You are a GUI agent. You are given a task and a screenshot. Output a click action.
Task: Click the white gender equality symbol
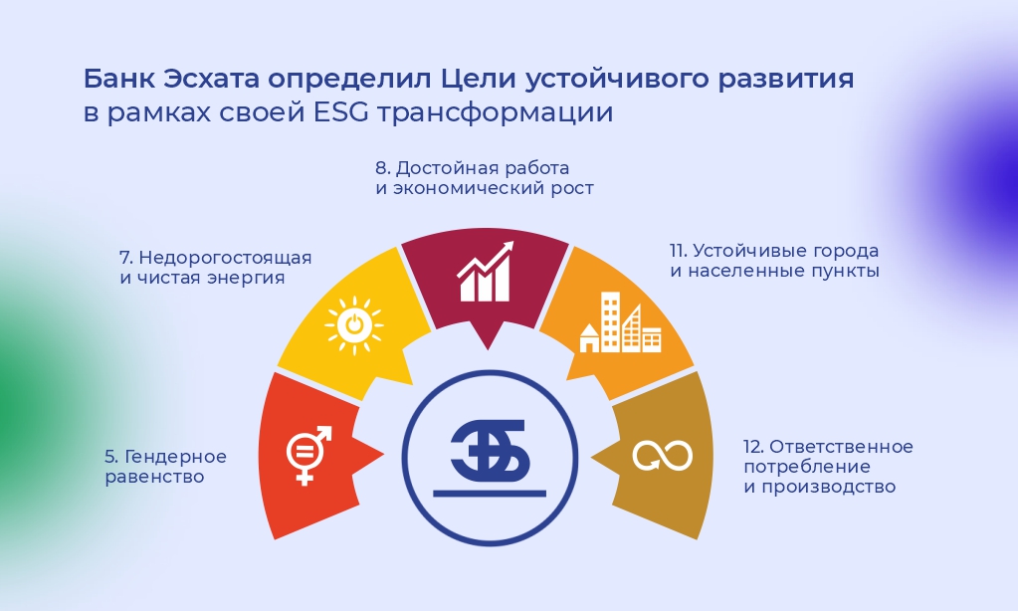click(307, 455)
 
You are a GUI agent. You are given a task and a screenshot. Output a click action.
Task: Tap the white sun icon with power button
click(354, 325)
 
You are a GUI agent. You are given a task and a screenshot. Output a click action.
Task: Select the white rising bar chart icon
click(485, 272)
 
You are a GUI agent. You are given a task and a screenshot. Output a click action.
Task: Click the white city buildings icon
click(620, 322)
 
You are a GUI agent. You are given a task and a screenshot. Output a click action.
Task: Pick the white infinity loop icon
click(662, 455)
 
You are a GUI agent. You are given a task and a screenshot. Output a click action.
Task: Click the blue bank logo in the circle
click(490, 449)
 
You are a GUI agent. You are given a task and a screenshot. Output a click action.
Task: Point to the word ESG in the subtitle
click(341, 112)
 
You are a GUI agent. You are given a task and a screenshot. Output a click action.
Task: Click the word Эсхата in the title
click(211, 79)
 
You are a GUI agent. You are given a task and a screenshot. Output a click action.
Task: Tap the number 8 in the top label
click(382, 168)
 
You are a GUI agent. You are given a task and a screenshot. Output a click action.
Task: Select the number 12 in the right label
click(753, 447)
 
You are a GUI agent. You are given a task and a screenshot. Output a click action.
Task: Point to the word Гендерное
click(175, 457)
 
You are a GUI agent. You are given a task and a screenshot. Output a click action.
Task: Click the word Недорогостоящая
click(225, 258)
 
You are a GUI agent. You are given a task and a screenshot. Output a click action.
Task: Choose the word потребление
click(807, 467)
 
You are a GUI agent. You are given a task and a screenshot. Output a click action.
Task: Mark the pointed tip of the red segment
click(384, 454)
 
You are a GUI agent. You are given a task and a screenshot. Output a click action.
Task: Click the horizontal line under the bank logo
click(490, 494)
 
